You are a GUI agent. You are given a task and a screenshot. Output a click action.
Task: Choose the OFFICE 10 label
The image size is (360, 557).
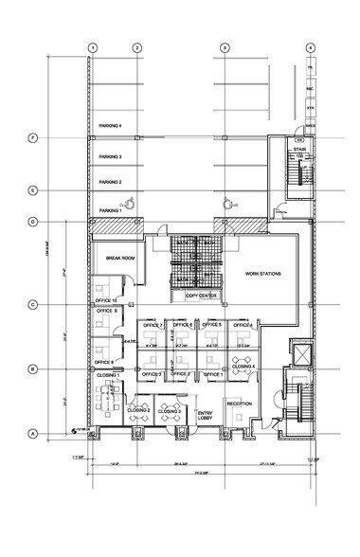[x=103, y=300]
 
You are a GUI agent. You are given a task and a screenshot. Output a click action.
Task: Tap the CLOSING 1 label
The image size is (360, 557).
[x=107, y=375]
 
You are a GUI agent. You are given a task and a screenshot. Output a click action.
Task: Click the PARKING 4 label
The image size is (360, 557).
[x=110, y=125]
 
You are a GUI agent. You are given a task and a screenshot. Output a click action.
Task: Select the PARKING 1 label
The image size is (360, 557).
[x=112, y=210]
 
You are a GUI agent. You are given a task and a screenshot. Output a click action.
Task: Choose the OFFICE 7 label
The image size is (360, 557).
[x=153, y=326]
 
